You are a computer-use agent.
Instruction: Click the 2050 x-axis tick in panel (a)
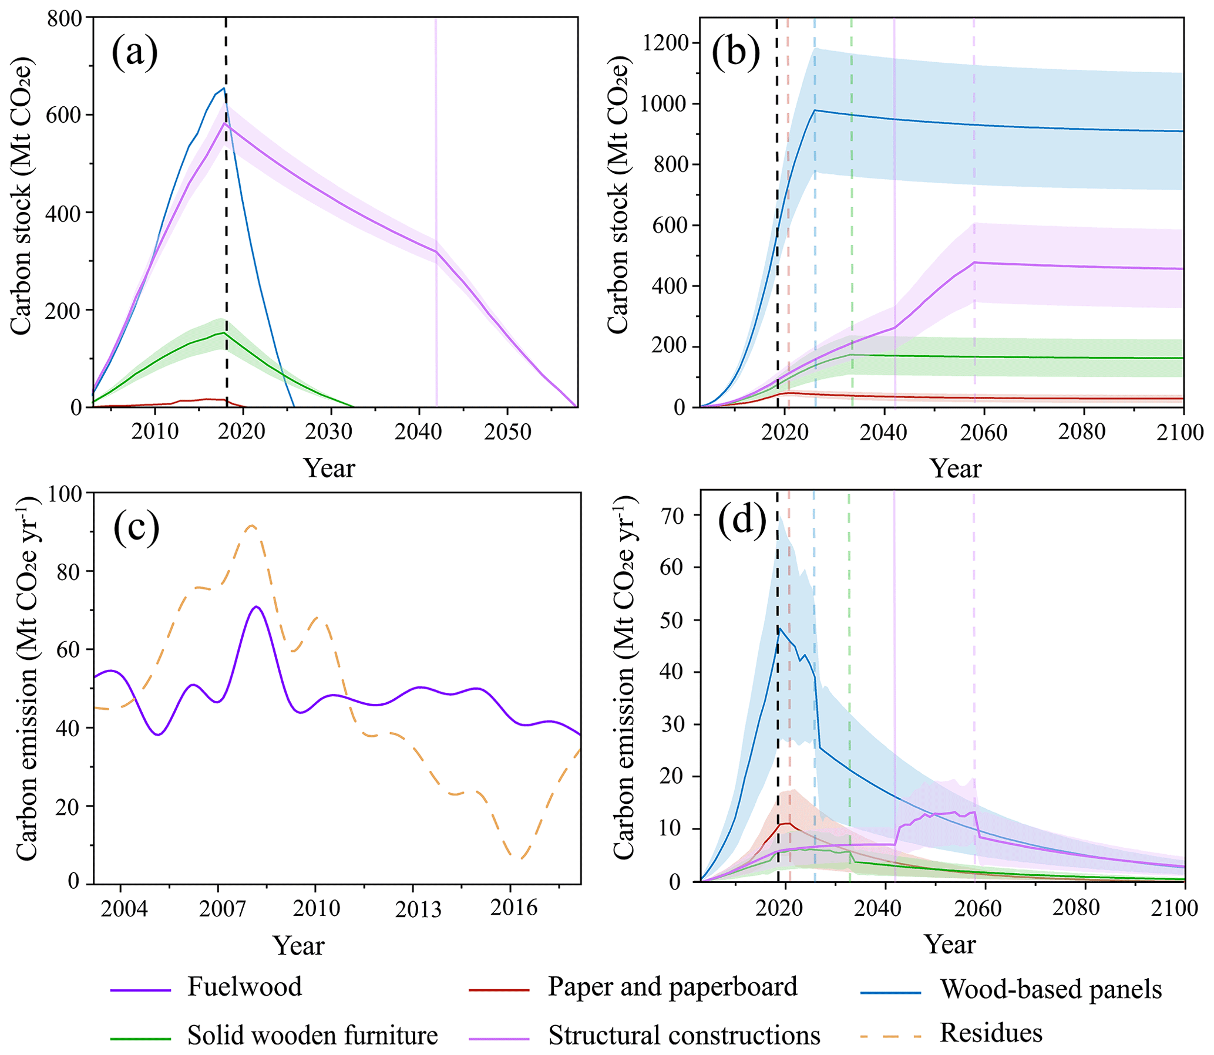[508, 432]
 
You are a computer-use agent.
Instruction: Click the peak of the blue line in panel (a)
[224, 88]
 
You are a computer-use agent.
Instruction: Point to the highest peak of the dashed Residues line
[252, 525]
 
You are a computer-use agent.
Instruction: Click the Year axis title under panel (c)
[298, 945]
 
